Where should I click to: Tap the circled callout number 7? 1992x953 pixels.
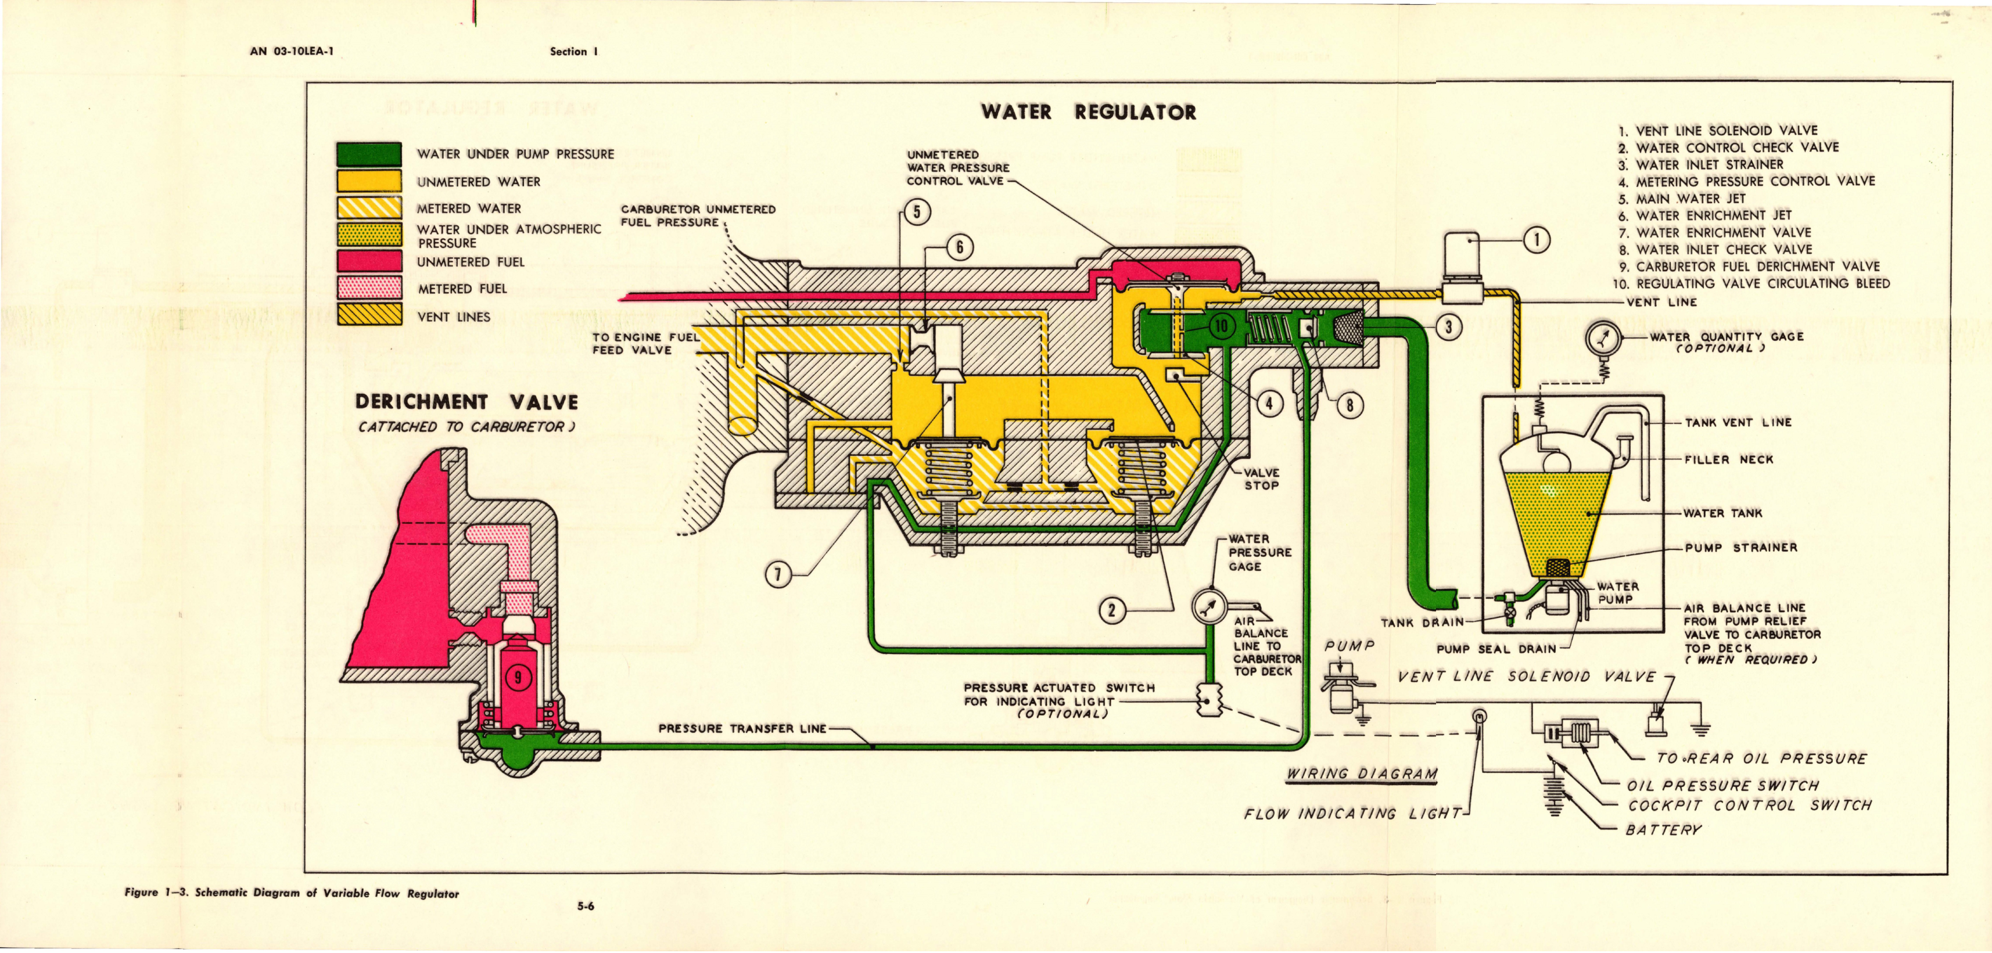[x=778, y=574]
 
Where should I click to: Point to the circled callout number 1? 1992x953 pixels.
[x=1537, y=240]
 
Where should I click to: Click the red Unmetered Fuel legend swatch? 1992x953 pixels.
[x=369, y=262]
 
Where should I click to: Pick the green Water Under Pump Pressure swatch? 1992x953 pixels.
[x=369, y=154]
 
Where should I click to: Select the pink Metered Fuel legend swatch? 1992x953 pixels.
[x=369, y=288]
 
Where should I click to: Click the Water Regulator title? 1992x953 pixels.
[x=1088, y=112]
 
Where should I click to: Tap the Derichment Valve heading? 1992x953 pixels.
[x=466, y=402]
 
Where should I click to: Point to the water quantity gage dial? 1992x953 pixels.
[x=1600, y=338]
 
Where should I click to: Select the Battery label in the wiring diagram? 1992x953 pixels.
[x=1663, y=830]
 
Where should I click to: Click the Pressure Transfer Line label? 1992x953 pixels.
[x=742, y=728]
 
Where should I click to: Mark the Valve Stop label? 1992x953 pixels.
[x=1261, y=479]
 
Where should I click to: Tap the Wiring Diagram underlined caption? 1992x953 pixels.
[x=1362, y=774]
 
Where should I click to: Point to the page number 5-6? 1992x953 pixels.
[x=586, y=907]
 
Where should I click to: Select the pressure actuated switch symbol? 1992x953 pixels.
[x=1207, y=700]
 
